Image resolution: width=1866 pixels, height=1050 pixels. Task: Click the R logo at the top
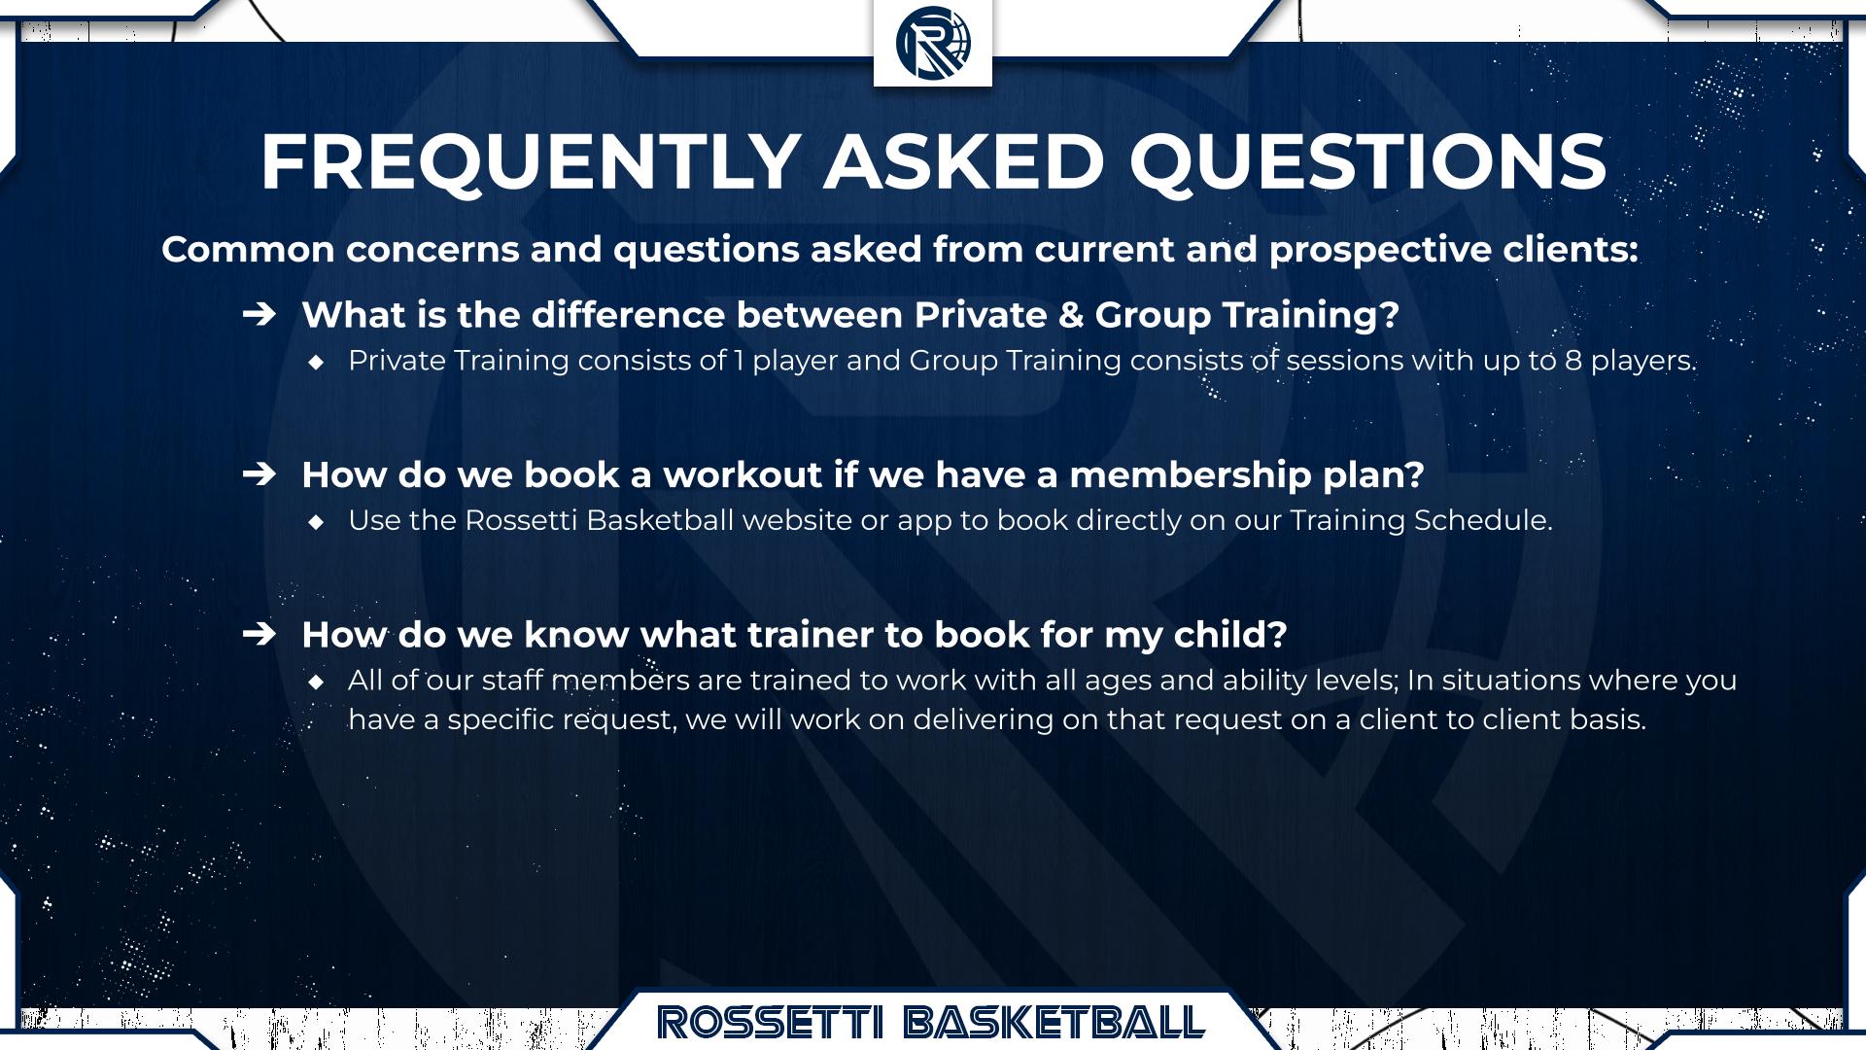point(933,43)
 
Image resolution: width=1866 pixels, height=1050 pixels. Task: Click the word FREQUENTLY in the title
point(531,161)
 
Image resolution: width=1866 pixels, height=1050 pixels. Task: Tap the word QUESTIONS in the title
point(1367,161)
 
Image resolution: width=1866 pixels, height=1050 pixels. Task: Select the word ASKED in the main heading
point(964,161)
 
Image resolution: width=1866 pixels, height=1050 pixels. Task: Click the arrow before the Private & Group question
point(259,314)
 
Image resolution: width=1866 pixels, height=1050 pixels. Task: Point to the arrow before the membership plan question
point(259,474)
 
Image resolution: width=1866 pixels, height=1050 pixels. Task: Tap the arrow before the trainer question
point(259,634)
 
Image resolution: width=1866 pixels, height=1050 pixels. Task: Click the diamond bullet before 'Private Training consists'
point(316,362)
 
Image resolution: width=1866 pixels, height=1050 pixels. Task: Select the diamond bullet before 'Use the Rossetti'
point(316,522)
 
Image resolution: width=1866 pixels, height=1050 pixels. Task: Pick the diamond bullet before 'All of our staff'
point(316,682)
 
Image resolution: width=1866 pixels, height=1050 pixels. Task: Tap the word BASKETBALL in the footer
point(1054,1022)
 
